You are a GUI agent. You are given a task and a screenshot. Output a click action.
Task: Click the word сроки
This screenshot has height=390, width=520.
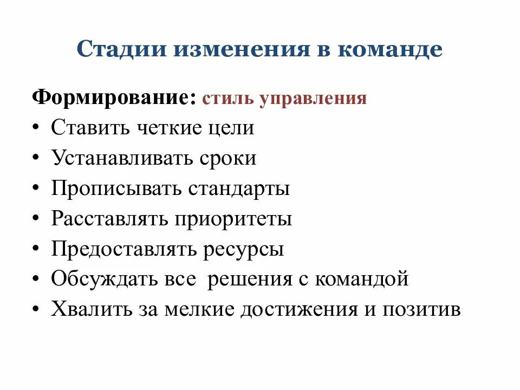tap(227, 159)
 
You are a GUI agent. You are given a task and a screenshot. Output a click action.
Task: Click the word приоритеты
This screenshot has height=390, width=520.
tap(233, 220)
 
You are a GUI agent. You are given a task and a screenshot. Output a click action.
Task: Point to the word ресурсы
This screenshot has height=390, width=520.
tap(244, 250)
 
